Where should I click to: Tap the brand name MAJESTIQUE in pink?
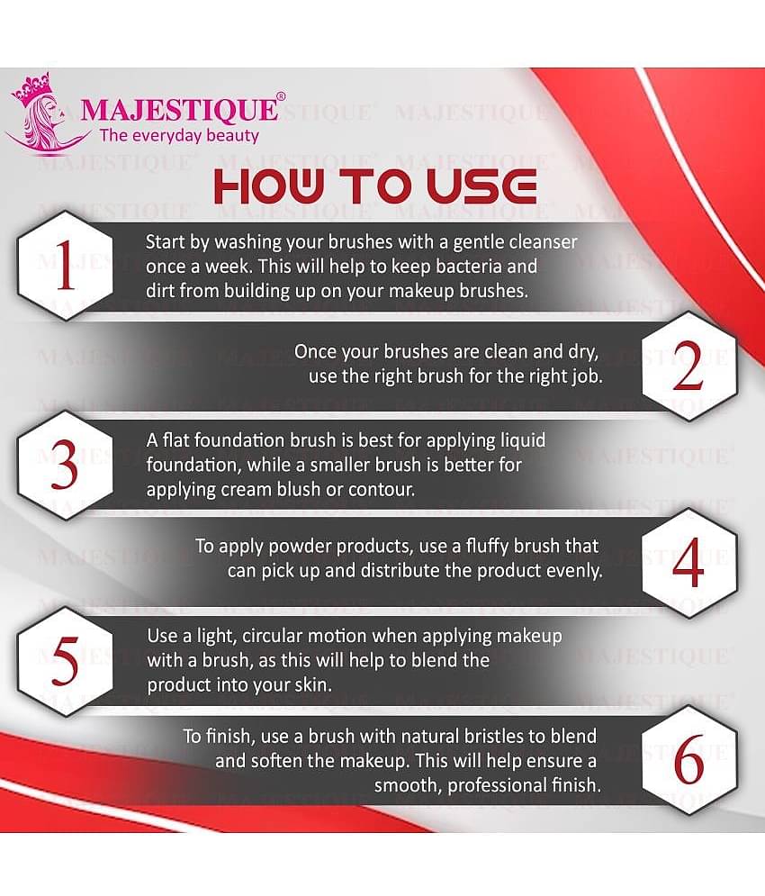(179, 110)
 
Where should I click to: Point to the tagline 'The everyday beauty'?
(179, 136)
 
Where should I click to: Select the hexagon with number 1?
(66, 267)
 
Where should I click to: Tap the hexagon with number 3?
(66, 466)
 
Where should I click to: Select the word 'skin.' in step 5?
(310, 684)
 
